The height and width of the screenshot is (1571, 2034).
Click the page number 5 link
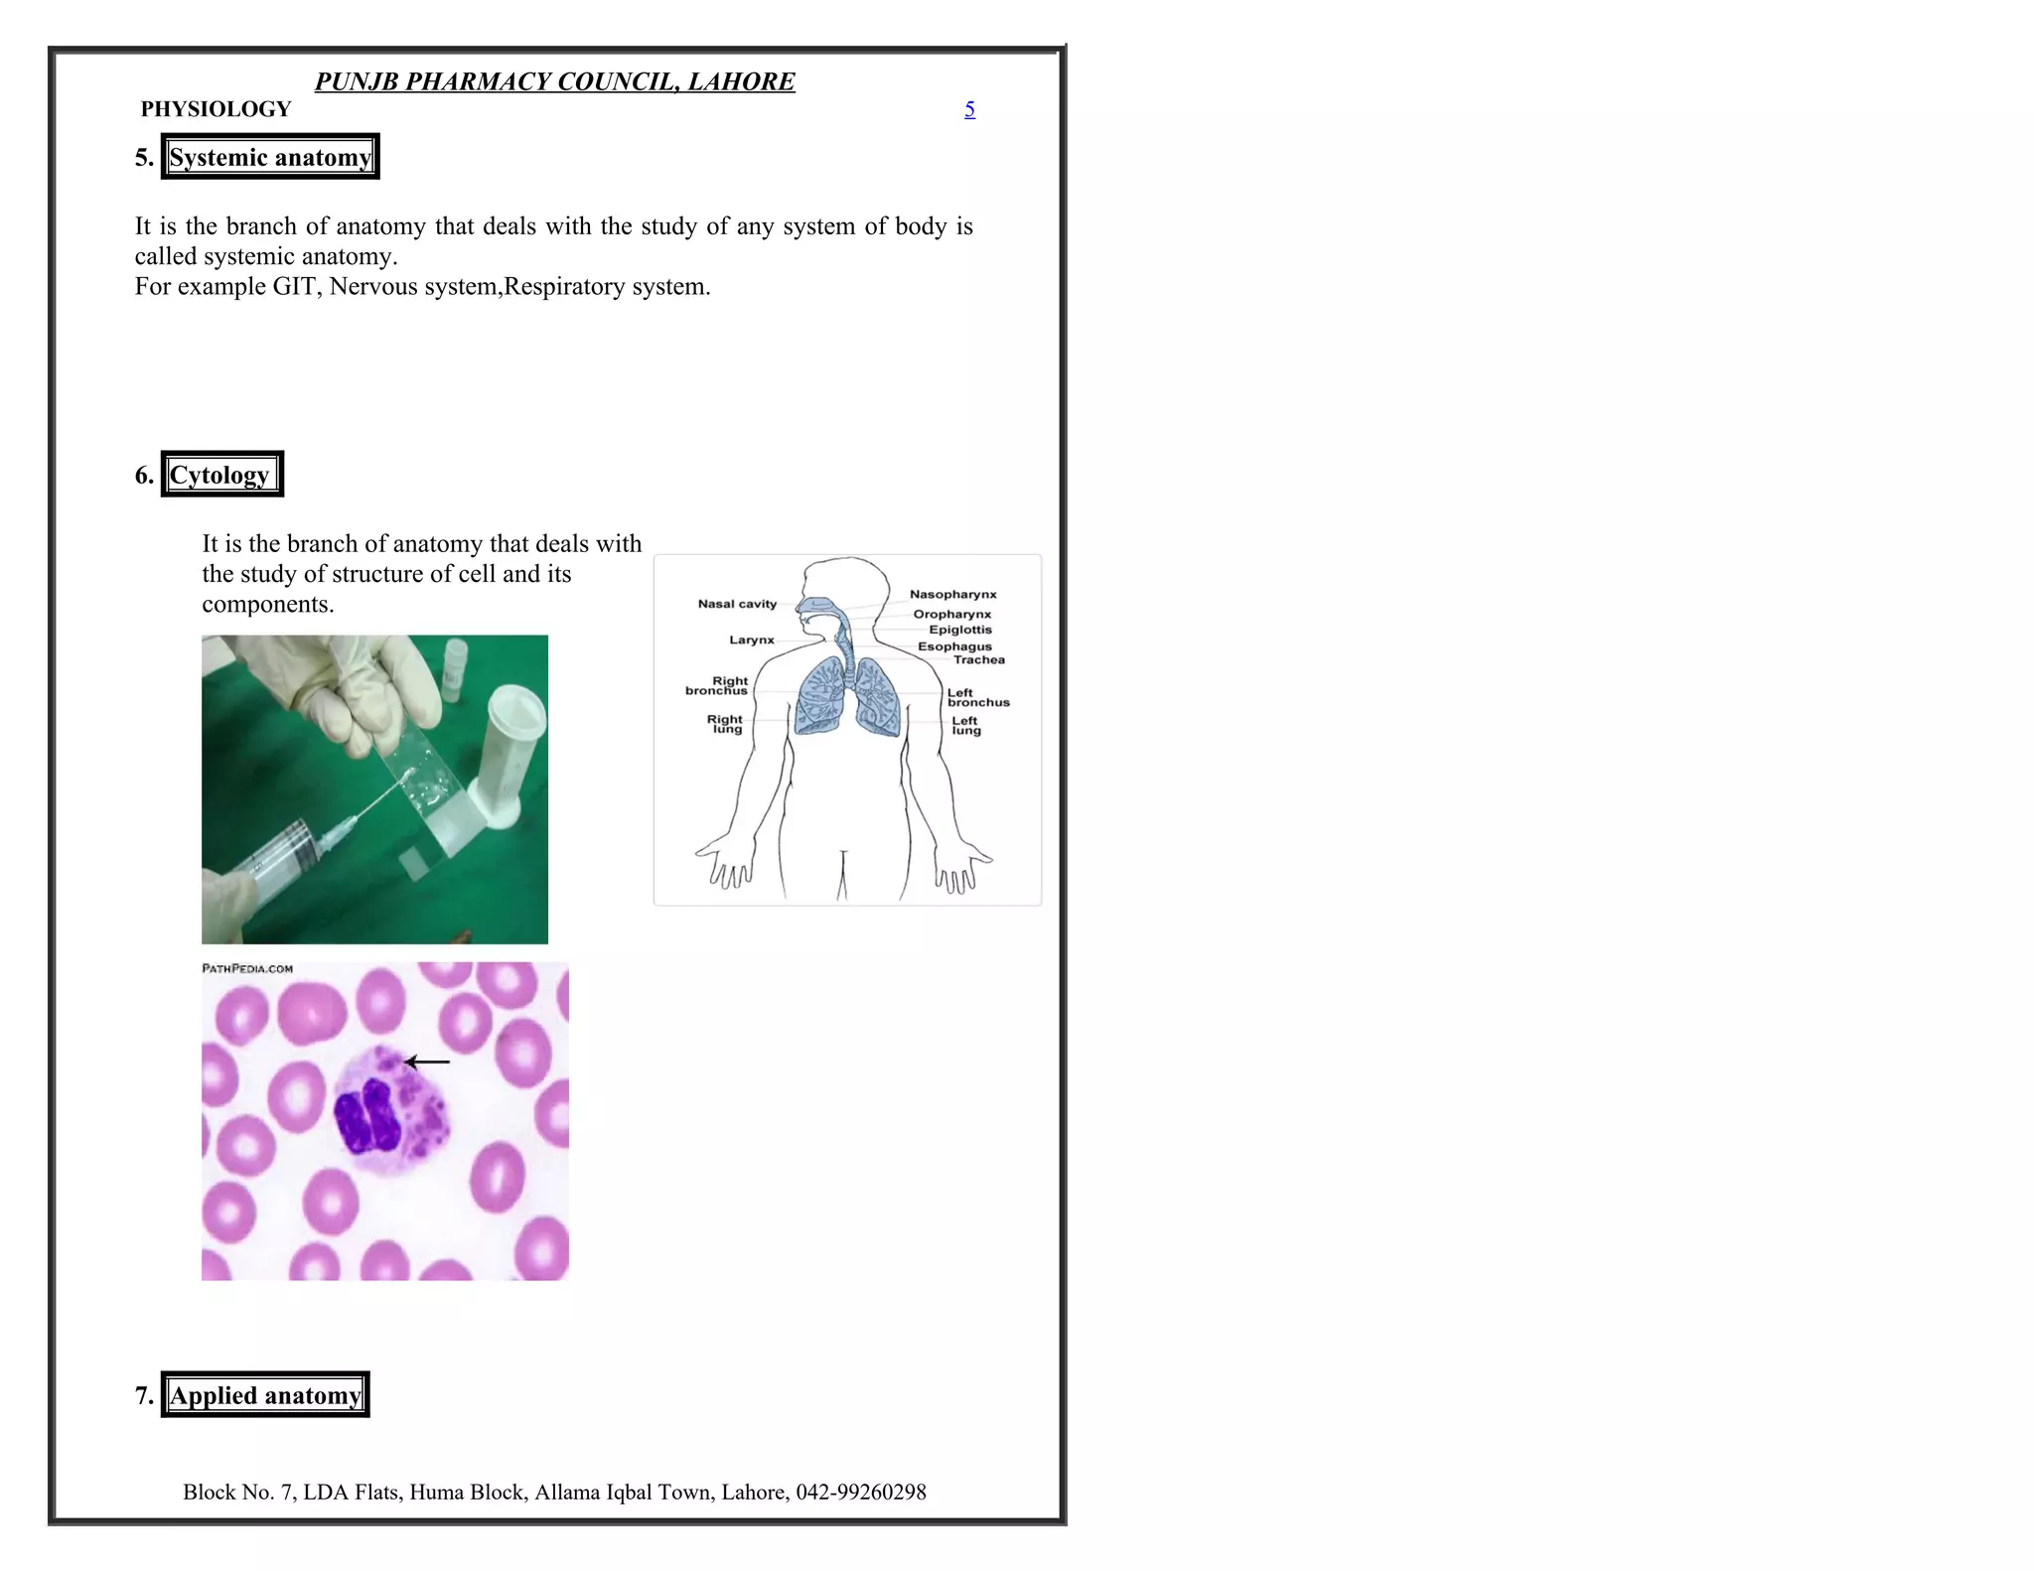pyautogui.click(x=969, y=109)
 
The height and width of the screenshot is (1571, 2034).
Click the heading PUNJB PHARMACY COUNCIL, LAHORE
pyautogui.click(x=554, y=81)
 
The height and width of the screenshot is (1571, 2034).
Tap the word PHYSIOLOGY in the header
pyautogui.click(x=216, y=109)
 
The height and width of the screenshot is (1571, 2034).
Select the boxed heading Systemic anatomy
pyautogui.click(x=270, y=157)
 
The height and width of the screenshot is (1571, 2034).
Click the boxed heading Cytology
pyautogui.click(x=221, y=475)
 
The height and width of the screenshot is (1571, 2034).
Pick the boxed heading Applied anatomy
pyautogui.click(x=265, y=1395)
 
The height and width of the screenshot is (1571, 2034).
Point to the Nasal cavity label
pyautogui.click(x=737, y=604)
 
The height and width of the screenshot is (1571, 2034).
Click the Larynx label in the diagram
pyautogui.click(x=751, y=640)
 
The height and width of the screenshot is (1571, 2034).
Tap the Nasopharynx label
pyautogui.click(x=952, y=594)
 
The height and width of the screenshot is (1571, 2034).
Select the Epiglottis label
pyautogui.click(x=959, y=630)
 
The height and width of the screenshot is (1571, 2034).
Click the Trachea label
pyautogui.click(x=978, y=659)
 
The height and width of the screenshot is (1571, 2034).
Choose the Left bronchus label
pyautogui.click(x=977, y=697)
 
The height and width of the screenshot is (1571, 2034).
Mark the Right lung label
pyautogui.click(x=725, y=724)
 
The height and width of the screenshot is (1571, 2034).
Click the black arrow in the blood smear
pyautogui.click(x=428, y=1062)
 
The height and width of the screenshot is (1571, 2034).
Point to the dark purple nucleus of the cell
pyautogui.click(x=367, y=1117)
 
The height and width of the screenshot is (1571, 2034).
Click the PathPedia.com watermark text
pyautogui.click(x=247, y=968)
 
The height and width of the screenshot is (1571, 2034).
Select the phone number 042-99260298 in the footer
pyautogui.click(x=860, y=1492)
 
